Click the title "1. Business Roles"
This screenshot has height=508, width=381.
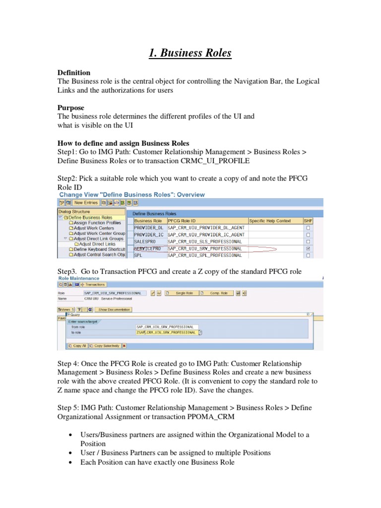tap(190, 53)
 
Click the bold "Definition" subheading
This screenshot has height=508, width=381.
tap(74, 72)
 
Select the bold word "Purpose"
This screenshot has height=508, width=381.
tap(71, 108)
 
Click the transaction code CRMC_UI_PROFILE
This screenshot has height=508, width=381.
tap(215, 161)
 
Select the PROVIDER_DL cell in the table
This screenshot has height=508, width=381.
tap(148, 227)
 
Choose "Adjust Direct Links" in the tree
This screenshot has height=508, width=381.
tap(97, 244)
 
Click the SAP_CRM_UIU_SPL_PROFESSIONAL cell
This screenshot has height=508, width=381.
tap(205, 255)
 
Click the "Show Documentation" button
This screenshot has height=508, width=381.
tap(114, 310)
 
